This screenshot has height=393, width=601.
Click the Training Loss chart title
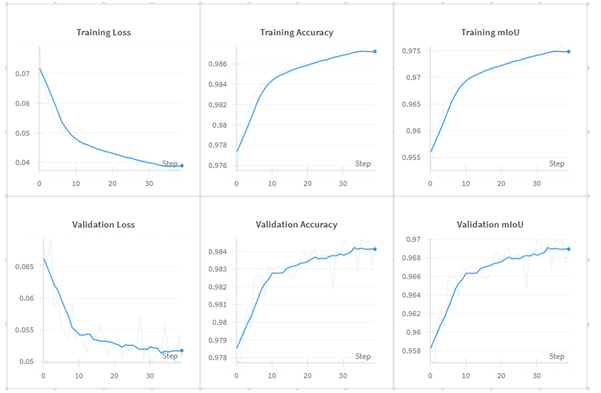point(103,32)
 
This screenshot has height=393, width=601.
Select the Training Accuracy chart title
point(296,32)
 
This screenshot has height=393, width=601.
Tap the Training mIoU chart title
point(490,32)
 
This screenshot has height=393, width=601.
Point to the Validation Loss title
point(103,224)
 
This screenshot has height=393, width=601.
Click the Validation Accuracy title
point(296,224)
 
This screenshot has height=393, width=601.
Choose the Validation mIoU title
point(490,224)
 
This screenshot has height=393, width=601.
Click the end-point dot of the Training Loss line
point(182,166)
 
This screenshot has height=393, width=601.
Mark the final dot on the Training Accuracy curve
point(375,51)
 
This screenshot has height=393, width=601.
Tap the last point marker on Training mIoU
point(569,51)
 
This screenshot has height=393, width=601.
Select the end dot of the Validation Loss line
point(182,350)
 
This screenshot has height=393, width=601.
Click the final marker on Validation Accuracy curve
point(375,249)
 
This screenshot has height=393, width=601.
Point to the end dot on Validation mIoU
point(569,249)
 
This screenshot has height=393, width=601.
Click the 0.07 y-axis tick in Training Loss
point(23,73)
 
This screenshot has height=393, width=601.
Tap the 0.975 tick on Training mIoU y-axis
point(412,51)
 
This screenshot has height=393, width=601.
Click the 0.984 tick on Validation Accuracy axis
point(217,251)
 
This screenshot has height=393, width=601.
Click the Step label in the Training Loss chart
point(170,164)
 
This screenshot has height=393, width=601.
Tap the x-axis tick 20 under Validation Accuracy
point(307,376)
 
